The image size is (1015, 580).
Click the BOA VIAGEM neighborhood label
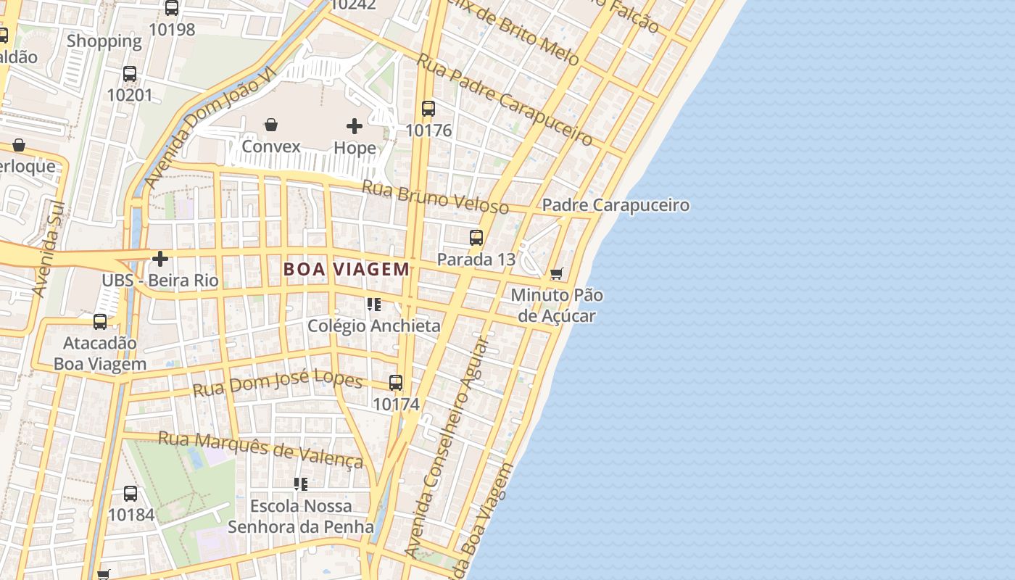coord(347,270)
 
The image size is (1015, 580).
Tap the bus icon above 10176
coord(428,109)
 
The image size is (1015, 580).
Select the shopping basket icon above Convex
coord(270,125)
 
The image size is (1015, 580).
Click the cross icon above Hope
coord(355,126)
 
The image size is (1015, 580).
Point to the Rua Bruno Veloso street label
coord(435,196)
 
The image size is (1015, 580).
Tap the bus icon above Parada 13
coord(476,237)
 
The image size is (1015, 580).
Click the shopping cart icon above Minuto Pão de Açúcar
coord(556,273)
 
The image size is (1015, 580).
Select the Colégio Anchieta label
coord(373,326)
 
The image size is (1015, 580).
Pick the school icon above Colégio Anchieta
coord(373,304)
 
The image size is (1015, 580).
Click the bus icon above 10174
coord(396,382)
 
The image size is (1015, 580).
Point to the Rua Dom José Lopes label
coord(277,383)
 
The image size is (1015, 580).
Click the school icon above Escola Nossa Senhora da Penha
coord(300,484)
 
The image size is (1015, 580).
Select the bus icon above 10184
coord(130,494)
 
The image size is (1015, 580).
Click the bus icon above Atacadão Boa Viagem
coord(100,321)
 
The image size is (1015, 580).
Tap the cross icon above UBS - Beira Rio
coord(160,258)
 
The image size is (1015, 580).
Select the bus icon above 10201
coord(130,74)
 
